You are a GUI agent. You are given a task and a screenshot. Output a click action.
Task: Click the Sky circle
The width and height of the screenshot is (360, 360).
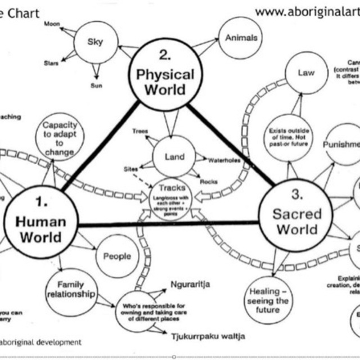(x=96, y=43)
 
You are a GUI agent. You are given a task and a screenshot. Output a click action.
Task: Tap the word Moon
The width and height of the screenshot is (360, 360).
(x=52, y=24)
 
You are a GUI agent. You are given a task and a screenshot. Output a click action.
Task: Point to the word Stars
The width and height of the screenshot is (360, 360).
(x=51, y=63)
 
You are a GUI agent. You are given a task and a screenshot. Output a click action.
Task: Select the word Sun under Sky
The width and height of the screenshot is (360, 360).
(x=96, y=86)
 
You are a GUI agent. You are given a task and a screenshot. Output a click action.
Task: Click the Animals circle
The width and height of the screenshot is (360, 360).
(x=241, y=38)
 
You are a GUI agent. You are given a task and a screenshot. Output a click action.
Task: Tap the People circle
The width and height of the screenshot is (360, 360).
(x=117, y=256)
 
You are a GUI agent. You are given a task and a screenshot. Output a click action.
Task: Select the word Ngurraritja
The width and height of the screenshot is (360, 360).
(x=190, y=285)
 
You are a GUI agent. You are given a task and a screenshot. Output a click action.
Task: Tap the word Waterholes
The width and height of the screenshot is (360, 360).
(x=224, y=160)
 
